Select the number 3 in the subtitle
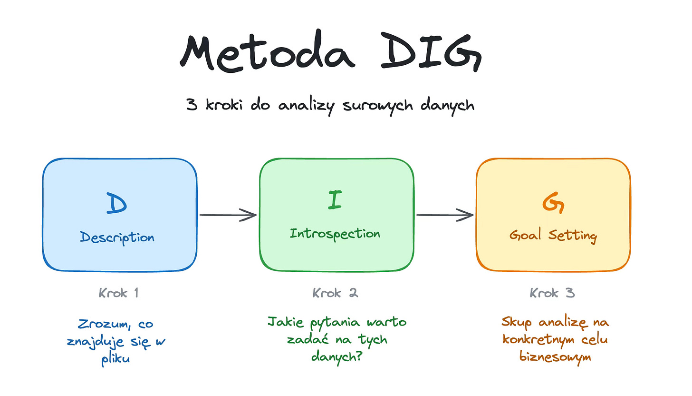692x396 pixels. pyautogui.click(x=192, y=104)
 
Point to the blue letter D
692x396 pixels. pyautogui.click(x=117, y=203)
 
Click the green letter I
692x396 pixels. pyautogui.click(x=335, y=200)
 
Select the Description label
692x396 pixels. pyautogui.click(x=117, y=237)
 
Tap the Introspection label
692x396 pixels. pyautogui.click(x=335, y=234)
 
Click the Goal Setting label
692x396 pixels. pyautogui.click(x=553, y=235)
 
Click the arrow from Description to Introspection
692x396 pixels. pyautogui.click(x=228, y=215)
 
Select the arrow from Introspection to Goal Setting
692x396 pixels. pyautogui.click(x=445, y=215)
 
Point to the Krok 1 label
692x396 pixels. pyautogui.click(x=118, y=293)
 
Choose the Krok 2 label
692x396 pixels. pyautogui.click(x=335, y=293)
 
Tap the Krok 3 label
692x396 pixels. pyautogui.click(x=552, y=293)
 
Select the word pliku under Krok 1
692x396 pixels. pyautogui.click(x=115, y=358)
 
